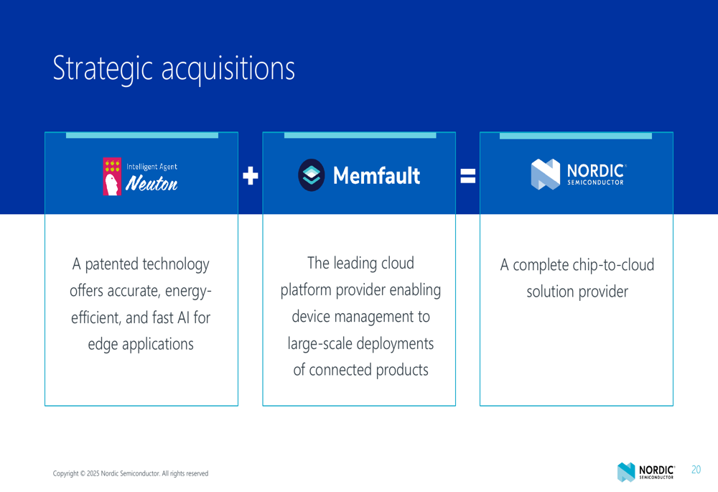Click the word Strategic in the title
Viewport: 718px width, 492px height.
[103, 69]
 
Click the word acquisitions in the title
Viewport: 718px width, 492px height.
[228, 68]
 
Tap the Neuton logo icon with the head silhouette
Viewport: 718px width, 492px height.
[112, 177]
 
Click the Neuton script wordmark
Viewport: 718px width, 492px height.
[151, 183]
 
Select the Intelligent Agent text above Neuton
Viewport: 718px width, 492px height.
[151, 167]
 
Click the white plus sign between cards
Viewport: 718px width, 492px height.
[251, 176]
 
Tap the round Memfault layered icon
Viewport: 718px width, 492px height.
[312, 175]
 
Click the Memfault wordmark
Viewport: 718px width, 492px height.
[376, 175]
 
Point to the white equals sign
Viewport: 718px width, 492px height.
[467, 176]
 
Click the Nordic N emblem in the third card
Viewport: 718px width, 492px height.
[546, 174]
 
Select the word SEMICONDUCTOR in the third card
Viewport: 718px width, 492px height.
[595, 182]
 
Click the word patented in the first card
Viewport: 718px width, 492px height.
[112, 265]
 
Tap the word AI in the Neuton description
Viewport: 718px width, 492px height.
[183, 317]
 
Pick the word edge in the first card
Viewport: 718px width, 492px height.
[103, 345]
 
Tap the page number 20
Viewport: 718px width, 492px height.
[696, 470]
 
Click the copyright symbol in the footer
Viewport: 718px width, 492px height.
[83, 473]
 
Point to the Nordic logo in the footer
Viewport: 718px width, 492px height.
[646, 472]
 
